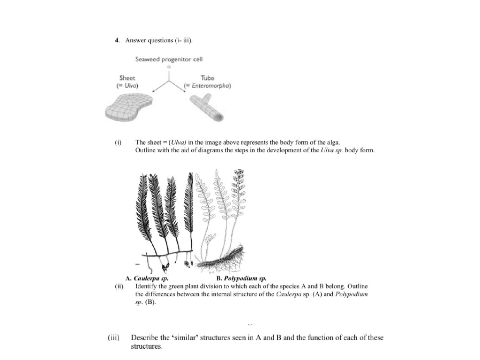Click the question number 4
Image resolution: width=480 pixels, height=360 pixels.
pos(117,40)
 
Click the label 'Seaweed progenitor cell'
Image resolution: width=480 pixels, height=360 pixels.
pos(169,59)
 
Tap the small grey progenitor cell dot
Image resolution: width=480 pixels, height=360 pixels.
pos(169,67)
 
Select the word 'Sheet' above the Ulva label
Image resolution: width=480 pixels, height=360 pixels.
pos(127,78)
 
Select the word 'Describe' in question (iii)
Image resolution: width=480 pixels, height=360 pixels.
pos(145,337)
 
